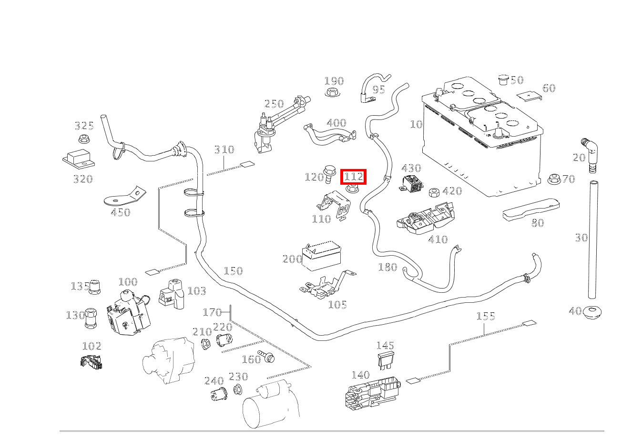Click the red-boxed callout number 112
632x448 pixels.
click(x=354, y=177)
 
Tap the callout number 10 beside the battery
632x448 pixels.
click(x=416, y=124)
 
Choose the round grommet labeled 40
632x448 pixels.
click(x=593, y=312)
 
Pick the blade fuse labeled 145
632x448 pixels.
click(x=386, y=360)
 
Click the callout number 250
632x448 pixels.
click(x=274, y=104)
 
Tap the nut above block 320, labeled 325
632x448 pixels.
click(x=84, y=139)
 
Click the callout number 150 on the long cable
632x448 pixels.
click(x=233, y=271)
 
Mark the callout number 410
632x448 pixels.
click(x=438, y=239)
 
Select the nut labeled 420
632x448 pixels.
click(x=434, y=192)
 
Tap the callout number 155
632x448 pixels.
click(x=486, y=316)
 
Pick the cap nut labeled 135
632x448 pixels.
click(x=95, y=287)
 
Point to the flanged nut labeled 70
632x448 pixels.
click(x=553, y=179)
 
